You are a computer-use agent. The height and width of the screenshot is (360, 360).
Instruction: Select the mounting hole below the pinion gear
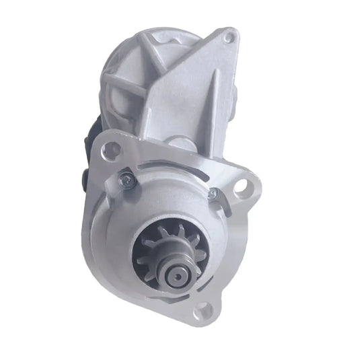click(202, 310)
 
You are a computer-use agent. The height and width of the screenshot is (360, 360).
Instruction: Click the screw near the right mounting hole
click(213, 194)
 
